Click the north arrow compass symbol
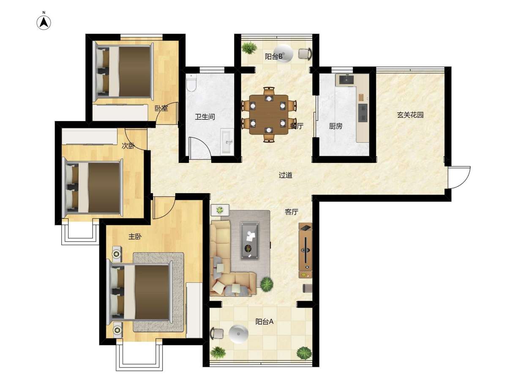[x=44, y=23]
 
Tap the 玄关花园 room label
[x=410, y=115]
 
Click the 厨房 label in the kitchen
[x=335, y=126]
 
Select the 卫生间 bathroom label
[x=204, y=116]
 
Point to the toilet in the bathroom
[x=191, y=83]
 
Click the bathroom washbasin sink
[x=227, y=142]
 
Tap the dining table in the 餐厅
[x=269, y=115]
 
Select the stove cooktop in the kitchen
[x=363, y=113]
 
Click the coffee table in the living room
[x=249, y=241]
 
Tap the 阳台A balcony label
[x=264, y=322]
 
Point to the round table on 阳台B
[x=283, y=54]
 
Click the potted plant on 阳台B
[x=249, y=48]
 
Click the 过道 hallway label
[x=286, y=175]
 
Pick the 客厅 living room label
[x=292, y=212]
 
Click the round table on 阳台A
[x=238, y=334]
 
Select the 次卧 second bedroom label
[x=128, y=146]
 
